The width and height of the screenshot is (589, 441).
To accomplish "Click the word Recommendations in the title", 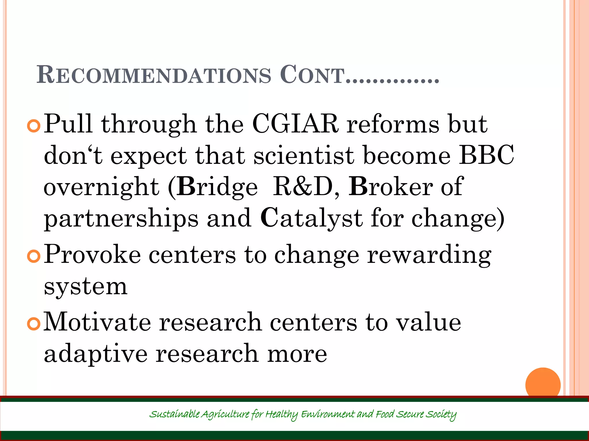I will (154, 75).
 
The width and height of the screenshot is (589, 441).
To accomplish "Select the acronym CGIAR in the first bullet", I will (295, 124).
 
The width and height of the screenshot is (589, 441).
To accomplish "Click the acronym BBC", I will (486, 155).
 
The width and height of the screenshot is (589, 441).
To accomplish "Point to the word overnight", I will (101, 187).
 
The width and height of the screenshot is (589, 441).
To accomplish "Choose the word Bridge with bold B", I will (217, 187).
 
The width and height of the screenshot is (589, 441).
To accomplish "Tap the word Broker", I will (391, 187).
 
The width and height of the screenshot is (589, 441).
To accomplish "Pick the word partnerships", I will (121, 219).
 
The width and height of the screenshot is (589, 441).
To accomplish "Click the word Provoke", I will (92, 254).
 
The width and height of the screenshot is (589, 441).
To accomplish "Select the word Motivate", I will (97, 322).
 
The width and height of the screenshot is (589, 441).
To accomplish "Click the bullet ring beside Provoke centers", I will (34, 256).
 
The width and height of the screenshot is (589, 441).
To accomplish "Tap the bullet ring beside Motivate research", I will (34, 324).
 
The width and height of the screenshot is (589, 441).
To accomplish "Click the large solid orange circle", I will (543, 384).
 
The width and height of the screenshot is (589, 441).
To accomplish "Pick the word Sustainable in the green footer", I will (174, 414).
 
